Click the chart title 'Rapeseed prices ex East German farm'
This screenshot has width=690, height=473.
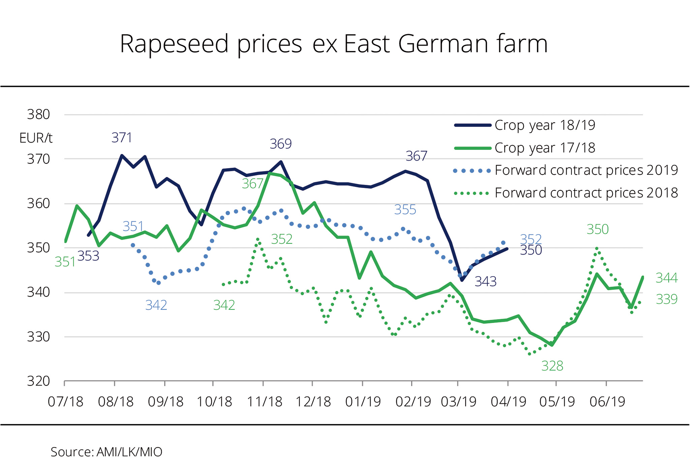[334, 44]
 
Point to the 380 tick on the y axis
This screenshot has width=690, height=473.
[38, 115]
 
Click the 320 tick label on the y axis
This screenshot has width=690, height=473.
[38, 381]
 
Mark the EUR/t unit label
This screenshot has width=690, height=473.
[36, 138]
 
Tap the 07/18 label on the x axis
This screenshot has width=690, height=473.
[65, 402]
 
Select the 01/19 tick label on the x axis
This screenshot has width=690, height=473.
[363, 402]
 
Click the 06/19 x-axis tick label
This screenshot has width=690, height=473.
[607, 402]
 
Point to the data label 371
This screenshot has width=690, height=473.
[122, 138]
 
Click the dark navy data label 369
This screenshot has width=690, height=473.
[281, 144]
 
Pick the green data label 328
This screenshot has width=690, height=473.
[552, 366]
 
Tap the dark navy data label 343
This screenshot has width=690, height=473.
[485, 281]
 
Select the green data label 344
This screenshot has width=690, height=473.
[666, 278]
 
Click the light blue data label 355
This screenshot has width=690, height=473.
[405, 210]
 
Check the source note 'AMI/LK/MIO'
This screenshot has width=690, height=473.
[106, 452]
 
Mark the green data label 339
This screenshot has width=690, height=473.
[666, 299]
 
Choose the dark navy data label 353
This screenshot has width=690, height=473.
[88, 256]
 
